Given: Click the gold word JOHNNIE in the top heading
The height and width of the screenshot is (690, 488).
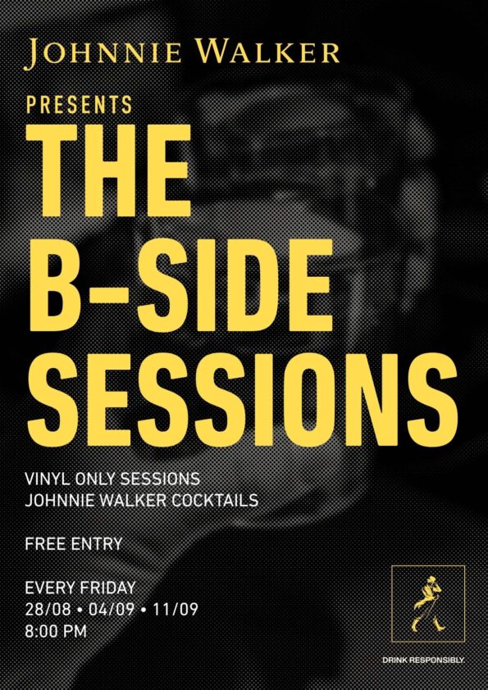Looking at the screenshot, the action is [x=103, y=54].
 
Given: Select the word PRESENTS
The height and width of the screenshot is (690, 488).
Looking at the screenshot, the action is [x=80, y=105].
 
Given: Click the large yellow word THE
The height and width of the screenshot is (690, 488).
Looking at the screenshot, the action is [x=109, y=170].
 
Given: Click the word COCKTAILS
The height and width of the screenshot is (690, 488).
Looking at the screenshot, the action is [x=215, y=501].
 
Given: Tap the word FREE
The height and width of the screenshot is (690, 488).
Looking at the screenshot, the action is [x=43, y=544].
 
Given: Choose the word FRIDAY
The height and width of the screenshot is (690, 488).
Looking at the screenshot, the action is [x=108, y=588].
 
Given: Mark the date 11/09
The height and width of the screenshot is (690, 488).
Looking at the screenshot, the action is [x=175, y=610].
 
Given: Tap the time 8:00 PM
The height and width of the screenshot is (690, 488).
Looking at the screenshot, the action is [x=56, y=632].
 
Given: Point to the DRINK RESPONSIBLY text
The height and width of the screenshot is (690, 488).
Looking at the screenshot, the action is [x=423, y=660].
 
